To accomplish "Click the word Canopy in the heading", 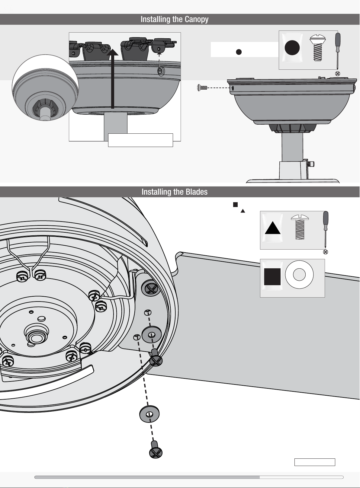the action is (197, 19).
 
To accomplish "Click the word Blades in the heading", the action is (197, 192).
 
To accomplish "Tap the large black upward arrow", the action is (113, 79).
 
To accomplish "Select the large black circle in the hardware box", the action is (292, 47).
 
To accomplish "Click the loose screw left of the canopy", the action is (202, 88).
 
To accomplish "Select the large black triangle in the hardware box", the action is (272, 228).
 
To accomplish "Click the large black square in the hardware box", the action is (272, 277).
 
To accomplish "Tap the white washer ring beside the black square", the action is (299, 275).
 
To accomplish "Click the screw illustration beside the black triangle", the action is (300, 227).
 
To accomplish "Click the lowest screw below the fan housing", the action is (156, 449).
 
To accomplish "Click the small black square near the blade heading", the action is (235, 205).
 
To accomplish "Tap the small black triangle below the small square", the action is (243, 211).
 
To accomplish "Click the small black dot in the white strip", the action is (239, 52).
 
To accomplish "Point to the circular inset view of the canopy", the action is (45, 88).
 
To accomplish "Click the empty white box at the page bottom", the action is (315, 462).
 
